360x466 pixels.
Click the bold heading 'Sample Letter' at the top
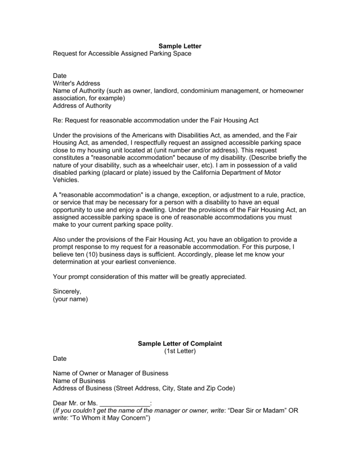[x=180, y=46]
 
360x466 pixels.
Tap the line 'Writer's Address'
[x=76, y=83]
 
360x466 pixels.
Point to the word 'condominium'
[x=200, y=91]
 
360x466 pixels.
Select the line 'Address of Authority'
[x=82, y=106]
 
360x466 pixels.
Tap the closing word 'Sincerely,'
[x=67, y=291]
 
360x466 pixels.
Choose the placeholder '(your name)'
[x=70, y=299]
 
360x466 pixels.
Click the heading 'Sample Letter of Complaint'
[x=180, y=344]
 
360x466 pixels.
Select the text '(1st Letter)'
[x=180, y=351]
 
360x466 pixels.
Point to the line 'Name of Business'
[x=79, y=380]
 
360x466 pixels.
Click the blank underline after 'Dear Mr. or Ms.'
[x=124, y=403]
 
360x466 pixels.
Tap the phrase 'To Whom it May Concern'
[x=108, y=418]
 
